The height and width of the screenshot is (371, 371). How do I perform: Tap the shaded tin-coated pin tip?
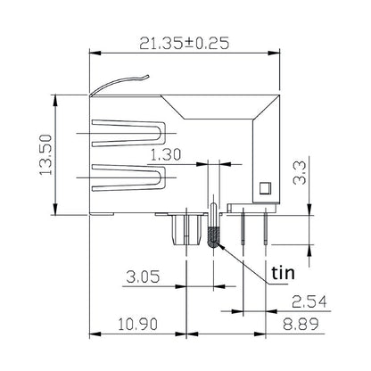pyautogui.click(x=214, y=238)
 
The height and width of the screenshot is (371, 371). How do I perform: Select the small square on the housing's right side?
pyautogui.click(x=264, y=189)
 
